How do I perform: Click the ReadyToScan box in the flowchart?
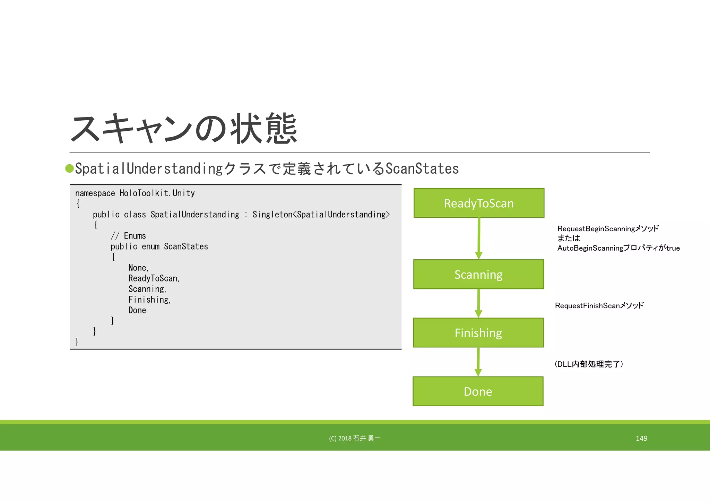coord(479,203)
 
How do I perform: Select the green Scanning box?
coord(478,274)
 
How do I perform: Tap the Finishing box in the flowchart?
coord(478,333)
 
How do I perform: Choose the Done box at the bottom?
coord(478,391)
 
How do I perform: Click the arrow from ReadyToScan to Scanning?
coord(479,239)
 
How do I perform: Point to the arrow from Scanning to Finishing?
coord(478,303)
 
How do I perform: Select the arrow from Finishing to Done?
coord(478,362)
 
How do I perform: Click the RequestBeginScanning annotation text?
coord(608,229)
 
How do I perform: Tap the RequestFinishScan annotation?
coord(599,305)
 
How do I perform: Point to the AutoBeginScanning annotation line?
coord(618,248)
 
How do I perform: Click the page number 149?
coord(641,438)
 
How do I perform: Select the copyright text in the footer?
coord(355,438)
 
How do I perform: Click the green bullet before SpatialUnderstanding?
coord(70,168)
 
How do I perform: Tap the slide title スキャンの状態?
coord(184,129)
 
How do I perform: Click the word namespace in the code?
coord(95,193)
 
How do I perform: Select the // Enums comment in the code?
coord(128,236)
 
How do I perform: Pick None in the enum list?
coord(138,268)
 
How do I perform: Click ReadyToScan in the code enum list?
coord(153,278)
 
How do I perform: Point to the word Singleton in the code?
coord(272,215)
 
